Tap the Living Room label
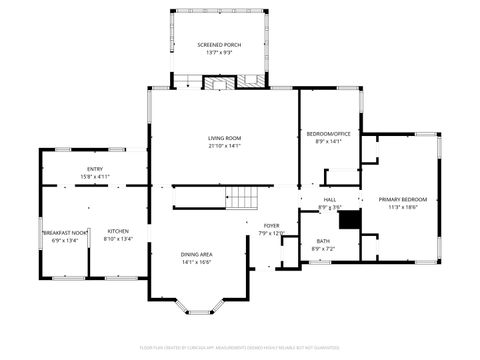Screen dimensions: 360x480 (x=224, y=138)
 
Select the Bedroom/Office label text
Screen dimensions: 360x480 (x=329, y=134)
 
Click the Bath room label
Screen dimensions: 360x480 (x=323, y=241)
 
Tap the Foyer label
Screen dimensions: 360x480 (x=271, y=226)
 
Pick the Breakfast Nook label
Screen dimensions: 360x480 (x=63, y=232)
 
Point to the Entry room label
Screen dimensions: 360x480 (x=95, y=170)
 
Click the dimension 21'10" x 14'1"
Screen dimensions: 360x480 (x=224, y=145)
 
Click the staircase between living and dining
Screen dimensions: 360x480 (x=240, y=199)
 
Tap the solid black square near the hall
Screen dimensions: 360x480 (x=349, y=220)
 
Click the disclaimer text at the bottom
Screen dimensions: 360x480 (x=240, y=350)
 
